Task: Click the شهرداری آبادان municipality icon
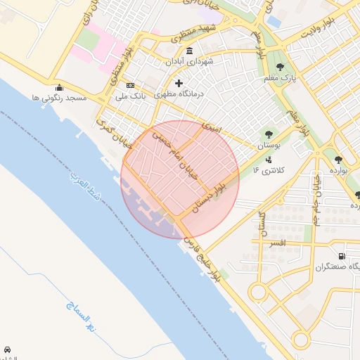point(190,51)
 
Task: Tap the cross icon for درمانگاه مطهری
point(179,83)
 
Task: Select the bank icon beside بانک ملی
point(130,85)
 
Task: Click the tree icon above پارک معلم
point(280,67)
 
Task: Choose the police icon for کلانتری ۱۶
point(268,160)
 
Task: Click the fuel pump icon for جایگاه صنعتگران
point(342,256)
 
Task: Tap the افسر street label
point(276,243)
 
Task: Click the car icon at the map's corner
point(7,349)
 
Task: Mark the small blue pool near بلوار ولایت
point(274,22)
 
